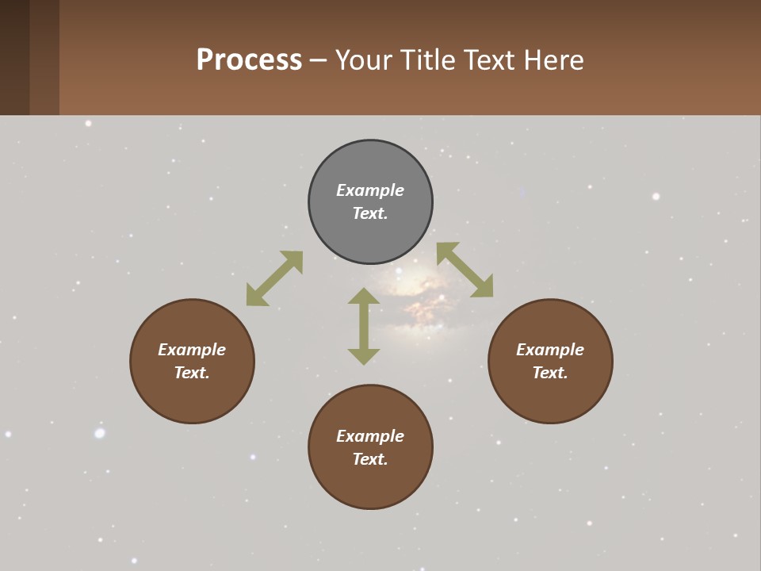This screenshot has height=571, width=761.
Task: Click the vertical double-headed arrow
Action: pos(364,326)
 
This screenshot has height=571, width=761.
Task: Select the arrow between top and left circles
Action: pos(274,278)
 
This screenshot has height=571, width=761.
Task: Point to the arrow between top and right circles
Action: pos(465,270)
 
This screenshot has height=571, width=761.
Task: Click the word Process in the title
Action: pos(249,59)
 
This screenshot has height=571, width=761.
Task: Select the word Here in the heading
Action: pos(555,59)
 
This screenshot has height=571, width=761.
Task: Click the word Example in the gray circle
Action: pos(370,190)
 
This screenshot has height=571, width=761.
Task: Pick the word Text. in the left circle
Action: pos(192,373)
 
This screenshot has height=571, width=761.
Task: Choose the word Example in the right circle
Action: pos(550,350)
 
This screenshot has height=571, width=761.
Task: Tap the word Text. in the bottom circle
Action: pos(370,459)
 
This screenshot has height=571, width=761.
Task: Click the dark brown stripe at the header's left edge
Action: pos(14,57)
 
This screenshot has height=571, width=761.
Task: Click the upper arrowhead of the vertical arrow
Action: pos(364,296)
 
